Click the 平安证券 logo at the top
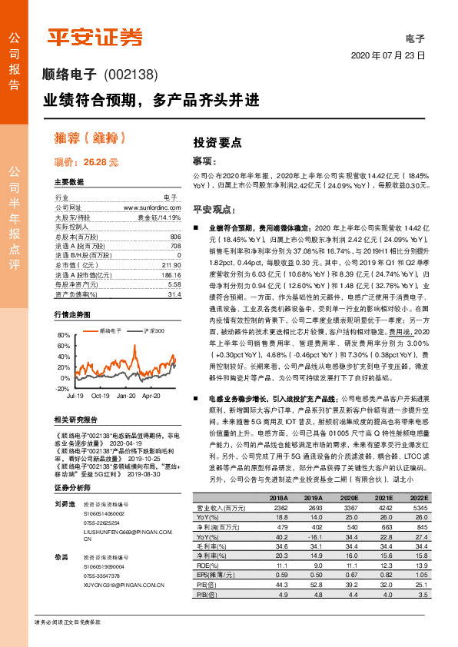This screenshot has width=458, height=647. coord(95,37)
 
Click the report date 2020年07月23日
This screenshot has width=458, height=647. coord(387,56)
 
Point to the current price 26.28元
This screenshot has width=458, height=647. coord(86,162)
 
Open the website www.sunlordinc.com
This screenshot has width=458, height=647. coord(152,207)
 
